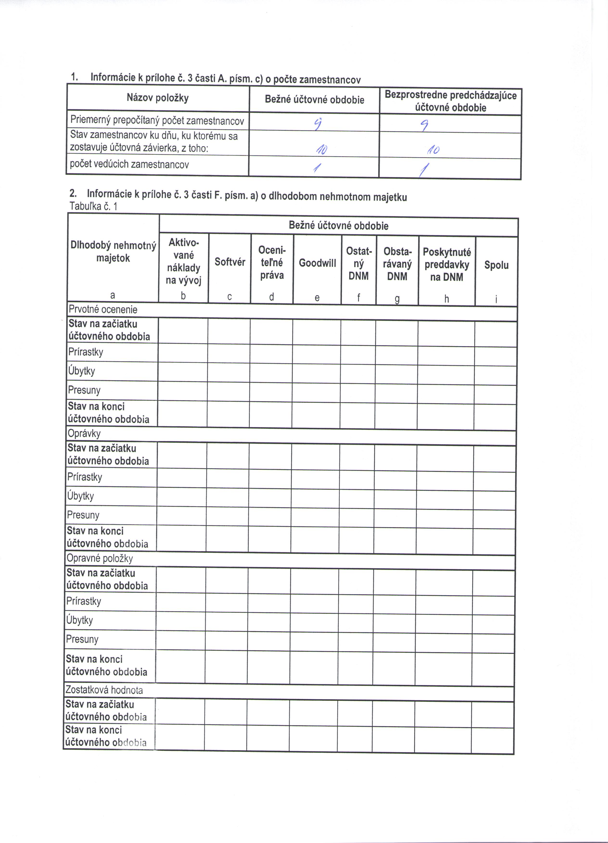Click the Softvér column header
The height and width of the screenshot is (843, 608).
pyautogui.click(x=230, y=262)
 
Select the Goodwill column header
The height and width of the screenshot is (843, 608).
pyautogui.click(x=317, y=263)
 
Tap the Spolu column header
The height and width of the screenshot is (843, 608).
pyautogui.click(x=496, y=265)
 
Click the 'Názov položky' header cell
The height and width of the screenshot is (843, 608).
pyautogui.click(x=158, y=98)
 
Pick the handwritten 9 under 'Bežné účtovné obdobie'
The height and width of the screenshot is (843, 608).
pyautogui.click(x=317, y=123)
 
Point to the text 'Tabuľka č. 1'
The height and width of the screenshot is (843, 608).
pyautogui.click(x=93, y=206)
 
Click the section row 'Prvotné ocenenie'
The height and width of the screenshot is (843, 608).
pyautogui.click(x=103, y=310)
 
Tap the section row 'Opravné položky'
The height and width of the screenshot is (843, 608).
pyautogui.click(x=100, y=558)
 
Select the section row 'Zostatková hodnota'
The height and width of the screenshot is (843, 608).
pyautogui.click(x=104, y=690)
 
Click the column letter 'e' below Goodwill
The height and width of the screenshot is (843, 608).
pyautogui.click(x=317, y=297)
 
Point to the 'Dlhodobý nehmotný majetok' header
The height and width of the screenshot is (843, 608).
pyautogui.click(x=113, y=252)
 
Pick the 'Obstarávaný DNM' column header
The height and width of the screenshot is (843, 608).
pyautogui.click(x=397, y=264)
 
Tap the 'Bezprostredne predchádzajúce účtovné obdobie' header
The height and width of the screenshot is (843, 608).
pyautogui.click(x=450, y=101)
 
